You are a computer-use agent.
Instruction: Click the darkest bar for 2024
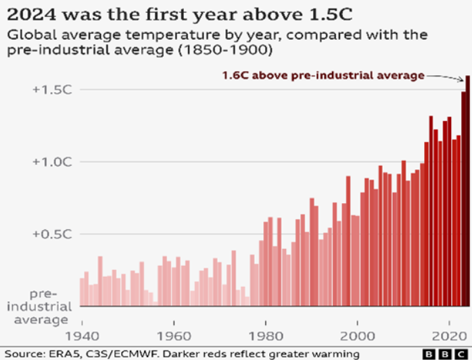pos(467,189)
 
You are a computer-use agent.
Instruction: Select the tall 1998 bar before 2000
pos(348,240)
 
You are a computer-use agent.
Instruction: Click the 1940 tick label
pos(82,335)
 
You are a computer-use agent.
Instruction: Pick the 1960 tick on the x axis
pos(174,335)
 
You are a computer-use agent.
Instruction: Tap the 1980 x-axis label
pos(266,335)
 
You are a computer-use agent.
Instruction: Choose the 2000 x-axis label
pos(358,335)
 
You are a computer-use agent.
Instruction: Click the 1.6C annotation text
pos(323,76)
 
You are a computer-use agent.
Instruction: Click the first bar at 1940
pos(82,291)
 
